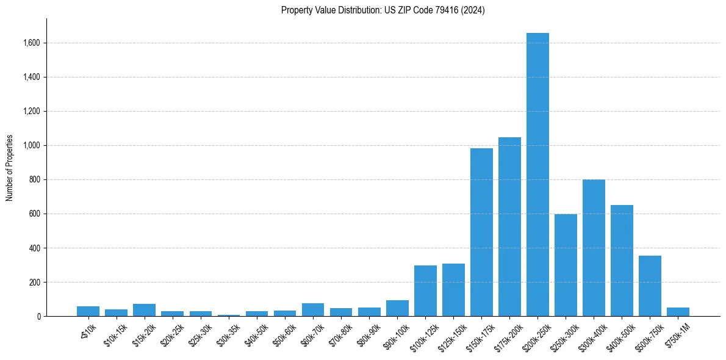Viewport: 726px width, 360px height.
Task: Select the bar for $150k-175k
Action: point(481,232)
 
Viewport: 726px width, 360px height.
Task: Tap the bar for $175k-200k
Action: point(509,226)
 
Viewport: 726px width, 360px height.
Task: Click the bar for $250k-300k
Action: point(566,265)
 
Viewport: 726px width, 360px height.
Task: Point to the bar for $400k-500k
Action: point(622,261)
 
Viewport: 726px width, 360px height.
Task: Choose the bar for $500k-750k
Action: point(650,286)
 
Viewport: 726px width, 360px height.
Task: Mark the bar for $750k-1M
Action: point(678,312)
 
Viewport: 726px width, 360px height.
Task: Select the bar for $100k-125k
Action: point(425,290)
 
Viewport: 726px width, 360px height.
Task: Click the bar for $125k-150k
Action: point(453,290)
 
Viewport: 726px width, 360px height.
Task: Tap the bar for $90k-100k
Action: point(397,308)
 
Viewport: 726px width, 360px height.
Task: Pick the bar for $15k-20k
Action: point(144,310)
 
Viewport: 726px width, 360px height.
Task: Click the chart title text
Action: point(383,10)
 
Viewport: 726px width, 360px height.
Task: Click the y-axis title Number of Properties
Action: point(10,168)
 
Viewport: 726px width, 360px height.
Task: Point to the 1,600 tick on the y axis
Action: point(32,43)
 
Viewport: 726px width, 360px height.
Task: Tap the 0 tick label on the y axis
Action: point(39,317)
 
